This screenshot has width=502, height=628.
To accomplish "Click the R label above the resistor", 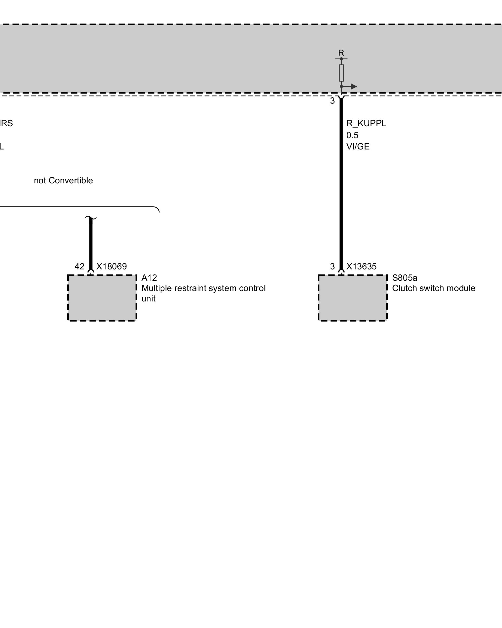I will pos(341,53).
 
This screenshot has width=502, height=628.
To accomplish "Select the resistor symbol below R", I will pos(341,73).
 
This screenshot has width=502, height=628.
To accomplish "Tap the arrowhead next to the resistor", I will pos(354,86).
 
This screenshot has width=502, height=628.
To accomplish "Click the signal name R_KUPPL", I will pos(366,123).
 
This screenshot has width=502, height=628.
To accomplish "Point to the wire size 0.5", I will pos(352,135).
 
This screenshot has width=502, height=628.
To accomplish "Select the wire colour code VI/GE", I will pos(358,147).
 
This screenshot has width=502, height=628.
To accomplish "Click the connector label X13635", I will pos(361,267).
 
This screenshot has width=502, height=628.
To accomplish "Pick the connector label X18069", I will pos(111,267).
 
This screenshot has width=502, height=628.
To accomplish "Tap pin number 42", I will pos(79,267).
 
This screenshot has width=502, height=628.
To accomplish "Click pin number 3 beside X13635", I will pos(332,267).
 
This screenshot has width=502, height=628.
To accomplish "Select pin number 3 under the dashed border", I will pos(332,101).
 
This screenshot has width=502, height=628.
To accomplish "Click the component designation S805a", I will pos(404,278).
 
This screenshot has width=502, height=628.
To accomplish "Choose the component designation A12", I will pos(149,278).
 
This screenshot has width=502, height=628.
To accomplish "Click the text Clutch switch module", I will pos(434,288).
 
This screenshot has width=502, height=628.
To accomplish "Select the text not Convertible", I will pos(63,181).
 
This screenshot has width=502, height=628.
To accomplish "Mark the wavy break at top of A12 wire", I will pos(91,218).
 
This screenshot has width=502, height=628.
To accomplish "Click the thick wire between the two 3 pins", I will pos(341,188).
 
